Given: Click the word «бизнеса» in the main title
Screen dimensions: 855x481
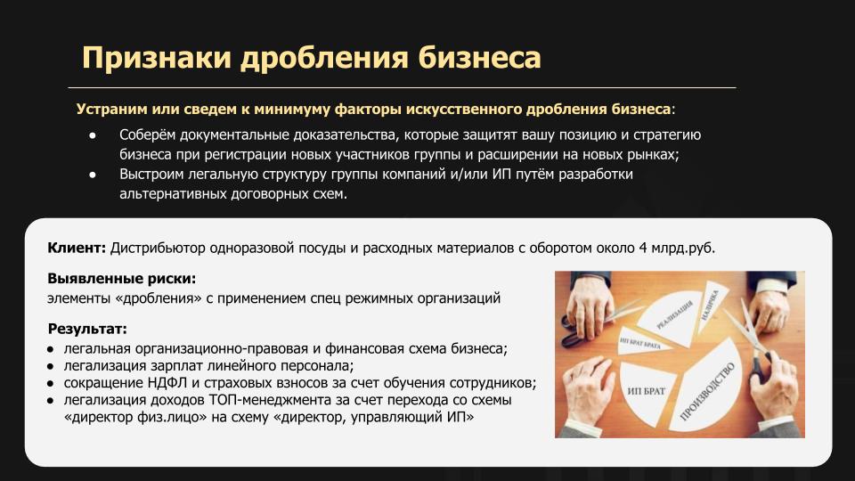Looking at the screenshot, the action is [x=480, y=57].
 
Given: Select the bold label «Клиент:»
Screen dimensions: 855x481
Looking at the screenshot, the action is [x=77, y=249].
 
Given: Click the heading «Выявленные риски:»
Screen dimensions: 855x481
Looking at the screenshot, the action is [x=122, y=279].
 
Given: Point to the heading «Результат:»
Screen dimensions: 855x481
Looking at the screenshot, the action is [x=87, y=329].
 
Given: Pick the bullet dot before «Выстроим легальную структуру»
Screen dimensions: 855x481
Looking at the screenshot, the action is [x=93, y=175].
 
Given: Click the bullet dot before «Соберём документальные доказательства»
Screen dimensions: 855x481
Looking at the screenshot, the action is [x=93, y=135].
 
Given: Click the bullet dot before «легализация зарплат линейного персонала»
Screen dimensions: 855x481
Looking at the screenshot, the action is [x=51, y=366].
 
